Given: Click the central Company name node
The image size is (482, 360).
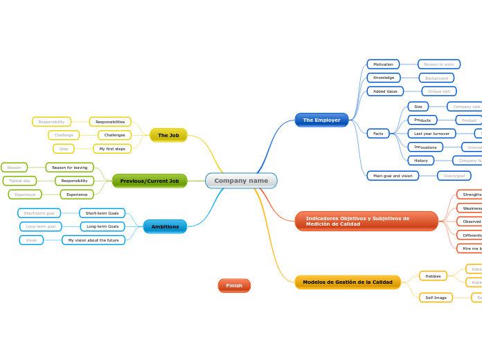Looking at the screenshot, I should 241,181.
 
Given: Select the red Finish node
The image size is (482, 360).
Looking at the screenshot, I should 234,285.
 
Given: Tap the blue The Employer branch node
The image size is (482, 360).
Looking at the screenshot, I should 321,120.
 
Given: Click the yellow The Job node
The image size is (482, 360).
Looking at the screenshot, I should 168,135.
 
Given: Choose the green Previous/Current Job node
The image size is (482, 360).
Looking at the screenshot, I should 150,181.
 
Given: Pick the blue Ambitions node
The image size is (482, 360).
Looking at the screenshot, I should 165,226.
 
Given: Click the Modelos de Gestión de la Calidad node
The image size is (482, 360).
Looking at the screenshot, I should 348,282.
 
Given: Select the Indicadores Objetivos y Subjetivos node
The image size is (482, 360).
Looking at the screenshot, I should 366,221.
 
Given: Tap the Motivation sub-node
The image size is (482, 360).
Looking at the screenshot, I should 383,64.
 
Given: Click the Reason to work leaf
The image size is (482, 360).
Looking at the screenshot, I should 439,64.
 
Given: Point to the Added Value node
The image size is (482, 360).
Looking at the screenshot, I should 385,91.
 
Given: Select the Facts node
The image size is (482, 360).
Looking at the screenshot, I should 378,133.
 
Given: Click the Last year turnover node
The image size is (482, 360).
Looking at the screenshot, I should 431,133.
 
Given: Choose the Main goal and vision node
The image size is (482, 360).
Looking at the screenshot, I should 393,176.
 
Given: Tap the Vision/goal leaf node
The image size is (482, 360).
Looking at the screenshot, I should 454,176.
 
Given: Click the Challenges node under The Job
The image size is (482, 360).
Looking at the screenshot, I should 114,135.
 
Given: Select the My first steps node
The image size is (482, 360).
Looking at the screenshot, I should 112,148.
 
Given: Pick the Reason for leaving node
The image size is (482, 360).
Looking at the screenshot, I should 69,168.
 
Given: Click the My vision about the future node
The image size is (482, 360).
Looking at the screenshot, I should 93,240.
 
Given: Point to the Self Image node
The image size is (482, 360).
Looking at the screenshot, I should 436,298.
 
